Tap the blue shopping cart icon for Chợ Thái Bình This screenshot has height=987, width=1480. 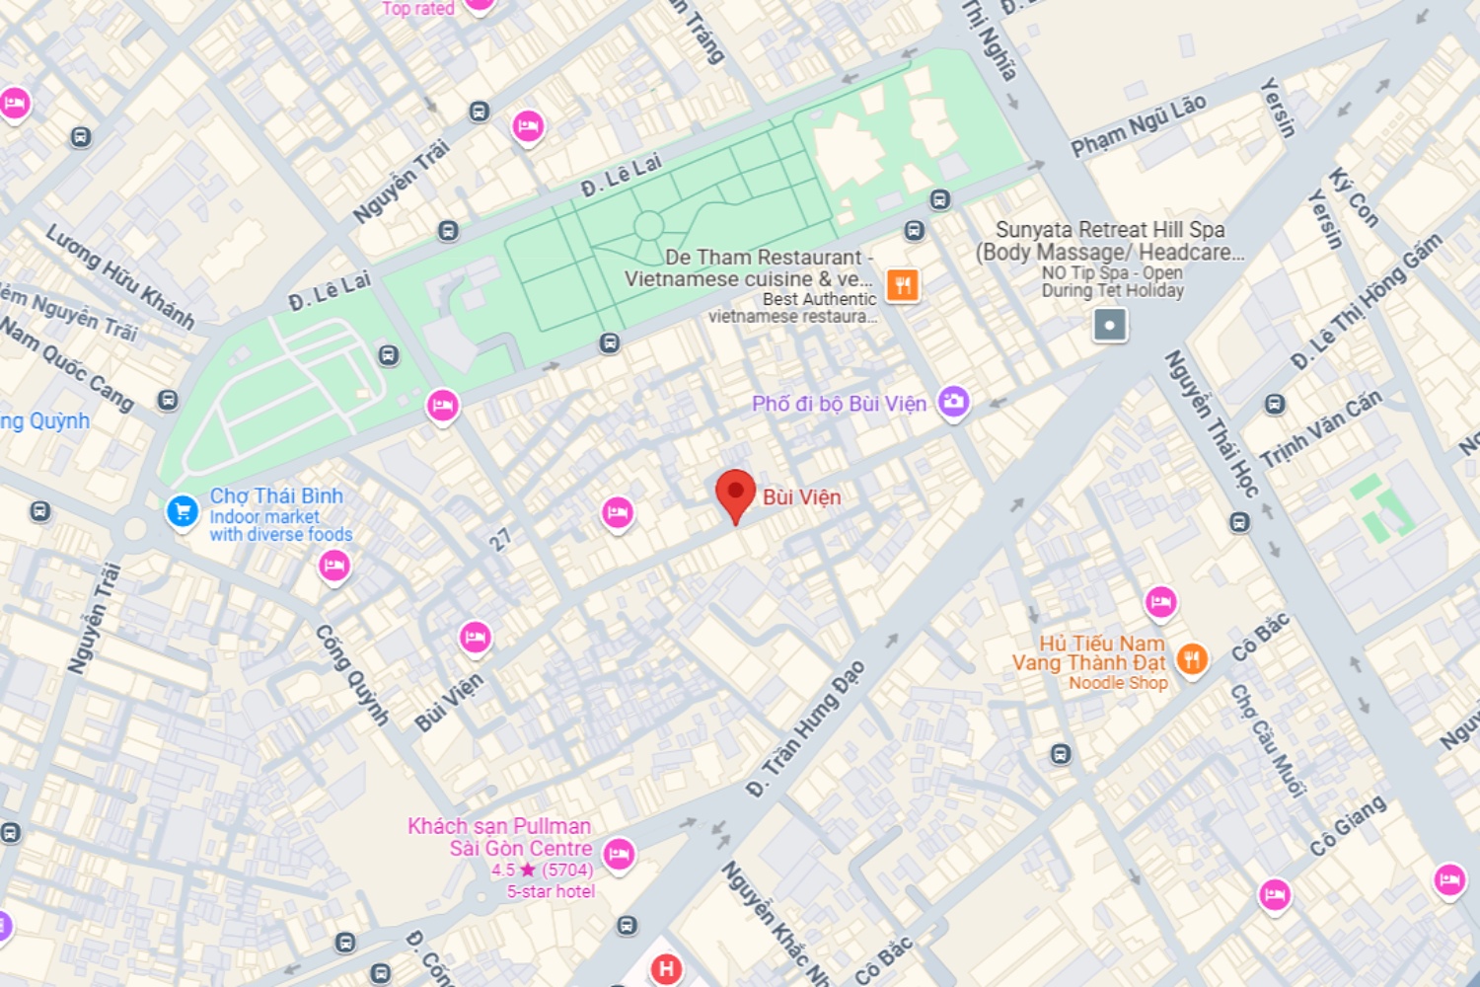coord(182,511)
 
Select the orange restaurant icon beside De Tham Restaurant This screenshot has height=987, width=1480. coord(902,285)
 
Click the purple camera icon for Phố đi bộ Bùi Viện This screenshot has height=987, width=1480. coord(953,401)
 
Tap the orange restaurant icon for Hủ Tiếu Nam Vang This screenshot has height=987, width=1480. coord(1192,658)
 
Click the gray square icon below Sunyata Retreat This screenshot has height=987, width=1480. coord(1110,325)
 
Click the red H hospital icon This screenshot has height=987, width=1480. coord(666,968)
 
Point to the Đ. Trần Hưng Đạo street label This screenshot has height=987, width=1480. coord(805,728)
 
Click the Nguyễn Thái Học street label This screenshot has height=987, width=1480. coord(1212,423)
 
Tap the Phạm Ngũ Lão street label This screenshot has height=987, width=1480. coord(1139,125)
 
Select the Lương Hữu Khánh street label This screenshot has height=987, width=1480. coord(120,275)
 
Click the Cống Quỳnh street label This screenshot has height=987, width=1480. coord(351,675)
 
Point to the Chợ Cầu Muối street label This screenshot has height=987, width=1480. coord(1268,739)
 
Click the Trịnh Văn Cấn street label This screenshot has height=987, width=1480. coord(1321,428)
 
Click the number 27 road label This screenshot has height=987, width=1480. coord(500,539)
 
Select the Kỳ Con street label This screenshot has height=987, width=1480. coord(1353,197)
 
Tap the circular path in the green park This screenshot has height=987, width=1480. coord(648,226)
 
